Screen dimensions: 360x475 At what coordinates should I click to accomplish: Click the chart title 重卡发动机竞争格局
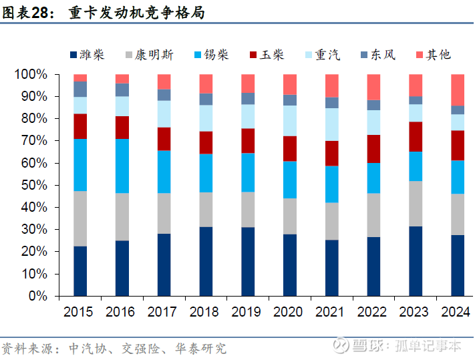coord(136,13)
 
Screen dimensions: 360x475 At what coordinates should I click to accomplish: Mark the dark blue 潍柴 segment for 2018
coord(206,261)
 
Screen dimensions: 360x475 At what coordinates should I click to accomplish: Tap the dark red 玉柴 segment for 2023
coord(416,136)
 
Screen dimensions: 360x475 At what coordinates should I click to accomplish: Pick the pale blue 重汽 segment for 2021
coord(331,124)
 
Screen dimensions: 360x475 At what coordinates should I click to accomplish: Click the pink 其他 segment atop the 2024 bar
coord(458,89)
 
